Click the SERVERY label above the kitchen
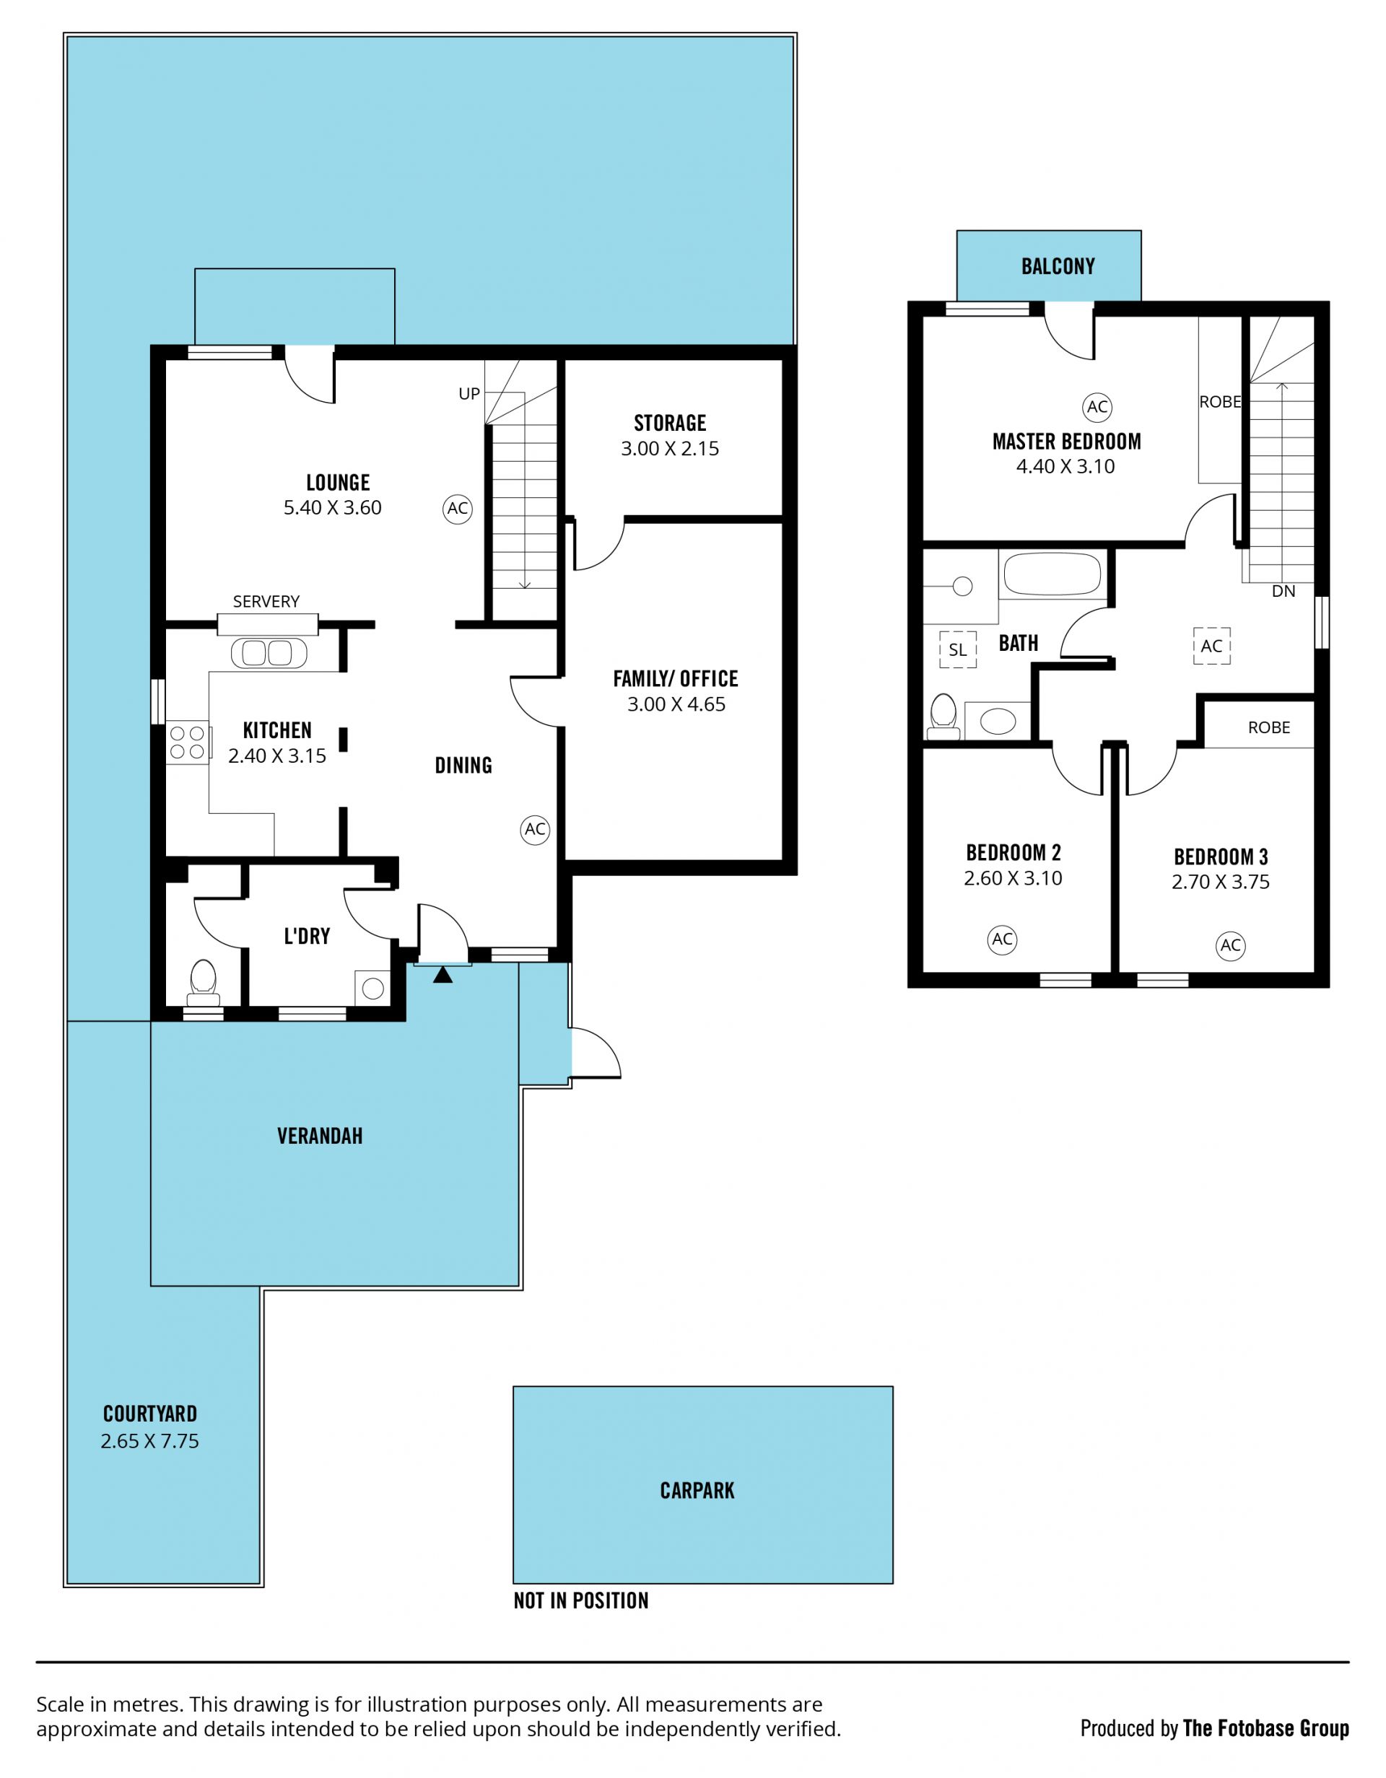[x=266, y=602]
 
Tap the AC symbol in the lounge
[x=458, y=509]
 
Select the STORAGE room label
[x=669, y=424]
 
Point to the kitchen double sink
[x=269, y=653]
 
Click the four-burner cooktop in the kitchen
[x=186, y=743]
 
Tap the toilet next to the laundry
[x=203, y=984]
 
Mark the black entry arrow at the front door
[x=443, y=974]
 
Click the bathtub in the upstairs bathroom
[x=1051, y=575]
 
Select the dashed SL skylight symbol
[x=958, y=649]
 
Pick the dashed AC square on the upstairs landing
[x=1212, y=647]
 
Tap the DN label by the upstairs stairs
[x=1283, y=592]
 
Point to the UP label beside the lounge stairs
[x=469, y=394]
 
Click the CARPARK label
[x=697, y=1491]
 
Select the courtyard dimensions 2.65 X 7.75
[x=150, y=1441]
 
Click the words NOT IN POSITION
[x=580, y=1600]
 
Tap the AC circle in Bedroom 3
[x=1231, y=945]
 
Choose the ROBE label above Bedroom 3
[x=1269, y=728]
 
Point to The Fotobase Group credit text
[x=1265, y=1729]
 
